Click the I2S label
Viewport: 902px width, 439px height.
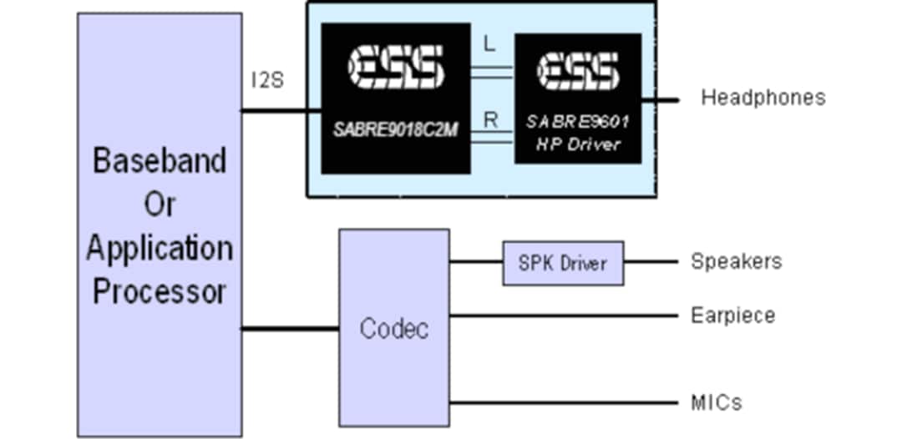pos(267,81)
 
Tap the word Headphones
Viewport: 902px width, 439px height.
pos(763,98)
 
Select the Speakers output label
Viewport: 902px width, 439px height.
pos(736,261)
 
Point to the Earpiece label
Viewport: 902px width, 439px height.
pos(732,315)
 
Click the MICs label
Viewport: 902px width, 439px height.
pos(716,403)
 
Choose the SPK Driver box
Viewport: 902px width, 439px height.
pos(563,263)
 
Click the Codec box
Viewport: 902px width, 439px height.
pos(393,327)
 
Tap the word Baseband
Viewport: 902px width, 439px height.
pos(160,160)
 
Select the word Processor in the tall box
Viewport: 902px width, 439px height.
pos(160,291)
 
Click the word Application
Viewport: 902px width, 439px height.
pos(160,248)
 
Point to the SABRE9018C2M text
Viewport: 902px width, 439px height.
pos(394,129)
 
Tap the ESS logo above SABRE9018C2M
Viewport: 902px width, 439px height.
pos(394,67)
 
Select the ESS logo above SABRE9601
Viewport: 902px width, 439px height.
pos(577,72)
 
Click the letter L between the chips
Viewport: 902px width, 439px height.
pos(490,47)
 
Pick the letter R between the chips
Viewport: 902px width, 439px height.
pos(491,119)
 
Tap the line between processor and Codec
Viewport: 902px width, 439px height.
pos(290,328)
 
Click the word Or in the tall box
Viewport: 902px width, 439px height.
pos(160,204)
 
